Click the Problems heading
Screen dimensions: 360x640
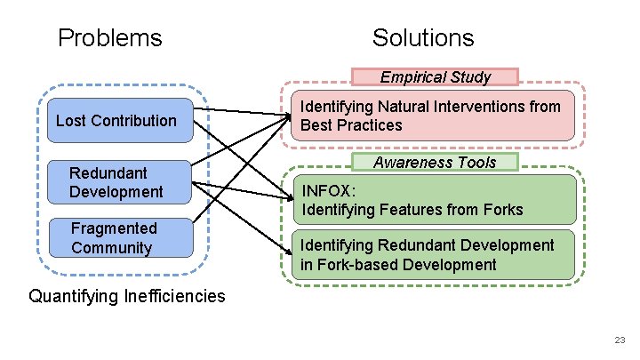pyautogui.click(x=109, y=37)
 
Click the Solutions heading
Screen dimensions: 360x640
pyautogui.click(x=423, y=37)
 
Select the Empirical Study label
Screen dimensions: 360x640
pyautogui.click(x=435, y=76)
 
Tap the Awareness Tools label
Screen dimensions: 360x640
pyautogui.click(x=435, y=162)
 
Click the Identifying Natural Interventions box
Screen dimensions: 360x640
pyautogui.click(x=432, y=116)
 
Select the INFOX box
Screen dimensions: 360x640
pyautogui.click(x=432, y=200)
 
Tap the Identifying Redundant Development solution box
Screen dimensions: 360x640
pyautogui.click(x=432, y=254)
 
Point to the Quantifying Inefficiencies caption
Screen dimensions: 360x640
pyautogui.click(x=127, y=296)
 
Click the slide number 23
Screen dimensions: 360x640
pyautogui.click(x=619, y=340)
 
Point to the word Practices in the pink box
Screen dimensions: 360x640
pyautogui.click(x=371, y=125)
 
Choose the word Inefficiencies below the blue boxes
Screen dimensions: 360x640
pyautogui.click(x=169, y=296)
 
